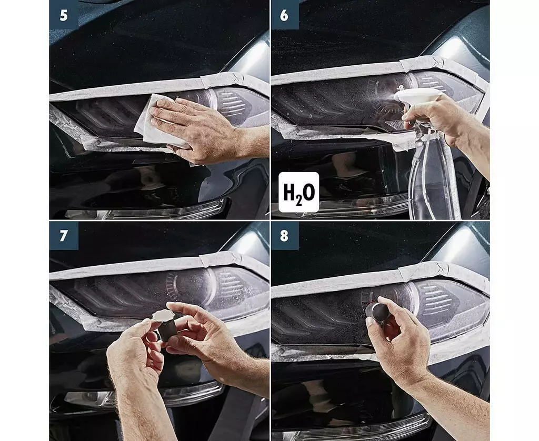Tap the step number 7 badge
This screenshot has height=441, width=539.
coord(64,235)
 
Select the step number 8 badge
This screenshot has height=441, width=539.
coord(285,235)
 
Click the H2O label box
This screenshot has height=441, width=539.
coord(299,192)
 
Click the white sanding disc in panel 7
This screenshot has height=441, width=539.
coord(163,315)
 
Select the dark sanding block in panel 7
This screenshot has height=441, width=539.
coord(167,330)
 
